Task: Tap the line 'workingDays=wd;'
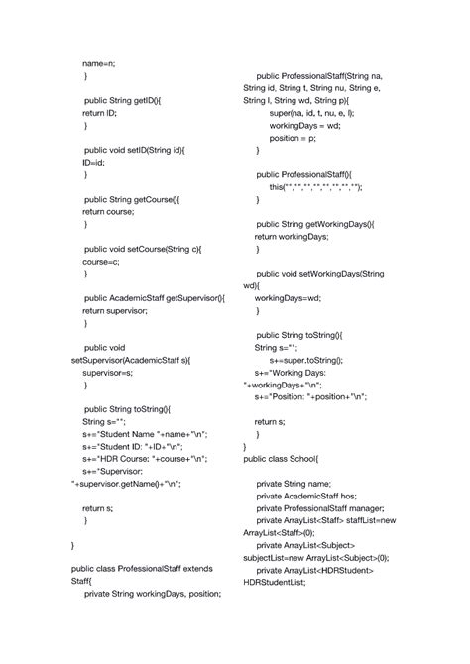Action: pos(288,297)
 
